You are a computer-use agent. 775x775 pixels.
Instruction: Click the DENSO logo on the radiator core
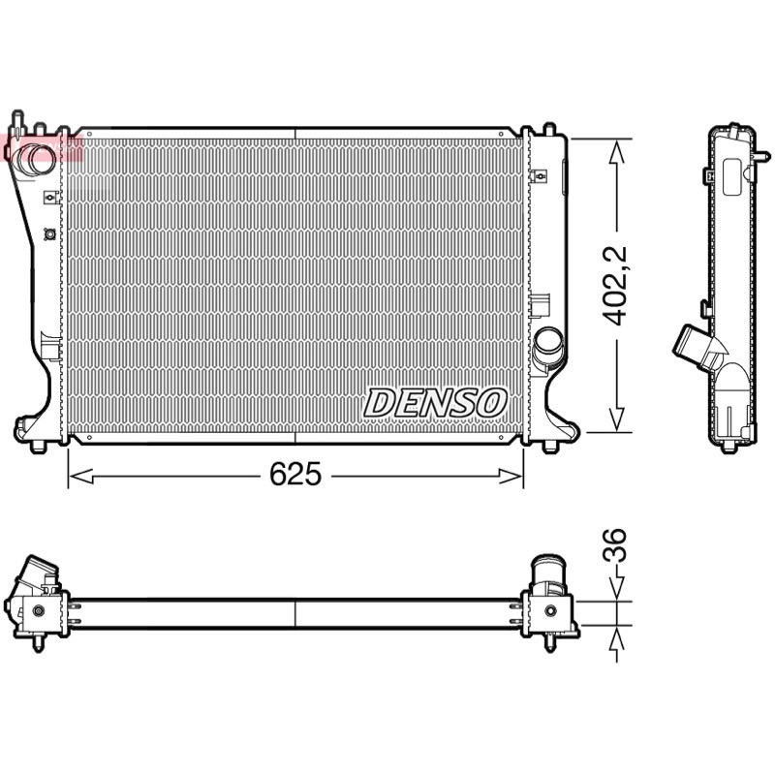tap(435, 402)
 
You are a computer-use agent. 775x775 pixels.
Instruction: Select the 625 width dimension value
tap(295, 474)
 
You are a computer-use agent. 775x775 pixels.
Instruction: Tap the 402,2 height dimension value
tap(615, 286)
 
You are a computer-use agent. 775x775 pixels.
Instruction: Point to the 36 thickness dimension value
tap(615, 544)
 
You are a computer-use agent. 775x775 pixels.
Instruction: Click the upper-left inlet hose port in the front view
tap(34, 159)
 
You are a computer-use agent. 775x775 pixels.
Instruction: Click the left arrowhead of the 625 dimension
tap(80, 477)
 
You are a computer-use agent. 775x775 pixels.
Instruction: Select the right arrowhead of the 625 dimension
tap(511, 477)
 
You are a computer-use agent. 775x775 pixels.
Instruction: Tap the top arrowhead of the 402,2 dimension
tap(616, 151)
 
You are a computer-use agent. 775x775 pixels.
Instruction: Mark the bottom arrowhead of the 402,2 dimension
tap(616, 419)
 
